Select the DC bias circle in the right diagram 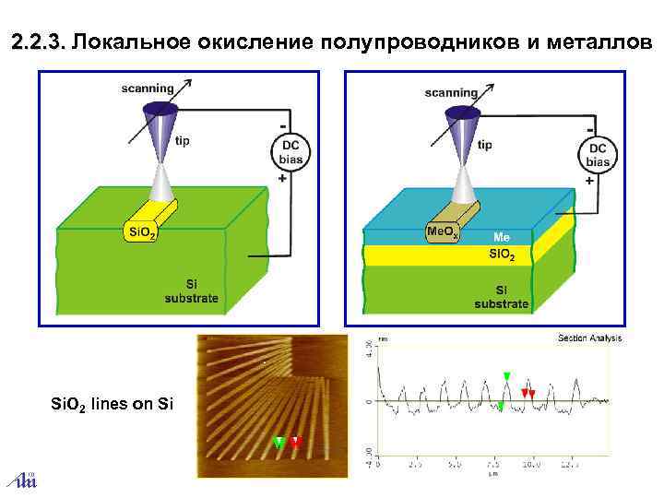pyautogui.click(x=598, y=154)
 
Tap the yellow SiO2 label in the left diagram pyautogui.click(x=140, y=231)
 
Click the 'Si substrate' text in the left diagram pyautogui.click(x=191, y=290)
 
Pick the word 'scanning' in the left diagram pyautogui.click(x=148, y=89)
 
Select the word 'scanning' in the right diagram pyautogui.click(x=451, y=91)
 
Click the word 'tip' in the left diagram pyautogui.click(x=183, y=142)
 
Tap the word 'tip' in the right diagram pyautogui.click(x=485, y=145)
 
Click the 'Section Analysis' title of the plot pyautogui.click(x=589, y=338)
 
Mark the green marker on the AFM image pyautogui.click(x=278, y=442)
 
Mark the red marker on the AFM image pyautogui.click(x=295, y=442)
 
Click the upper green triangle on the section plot pyautogui.click(x=506, y=374)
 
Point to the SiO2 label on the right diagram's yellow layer pyautogui.click(x=502, y=254)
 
